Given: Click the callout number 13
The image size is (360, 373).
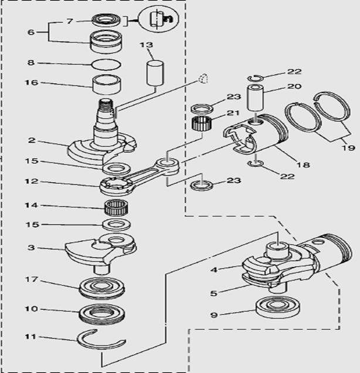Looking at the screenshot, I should pyautogui.click(x=147, y=45).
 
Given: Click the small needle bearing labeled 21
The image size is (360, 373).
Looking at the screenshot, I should pyautogui.click(x=201, y=125).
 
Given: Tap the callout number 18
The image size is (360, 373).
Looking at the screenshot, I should pyautogui.click(x=303, y=166).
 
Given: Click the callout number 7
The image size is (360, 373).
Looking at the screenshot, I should pyautogui.click(x=70, y=21).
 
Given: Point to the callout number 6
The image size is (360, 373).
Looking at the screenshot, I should pyautogui.click(x=31, y=32).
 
